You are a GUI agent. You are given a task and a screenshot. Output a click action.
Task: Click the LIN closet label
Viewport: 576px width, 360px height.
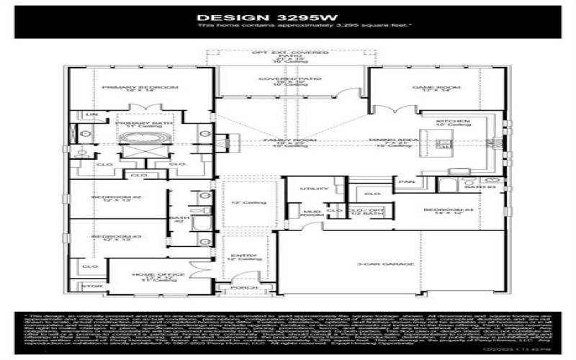[91, 114]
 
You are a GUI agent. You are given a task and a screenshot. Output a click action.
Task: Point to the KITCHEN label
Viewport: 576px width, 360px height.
[458, 121]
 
